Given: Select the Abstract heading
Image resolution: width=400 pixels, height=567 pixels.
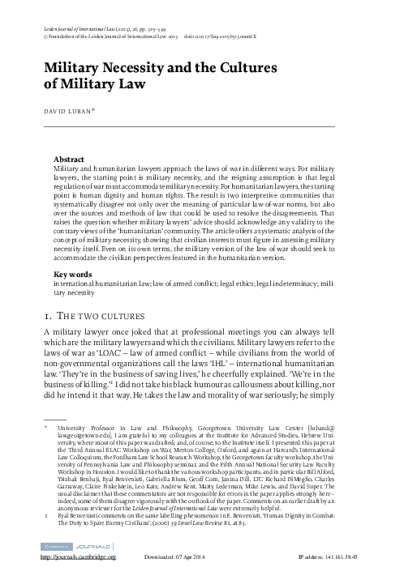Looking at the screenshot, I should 71,138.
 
